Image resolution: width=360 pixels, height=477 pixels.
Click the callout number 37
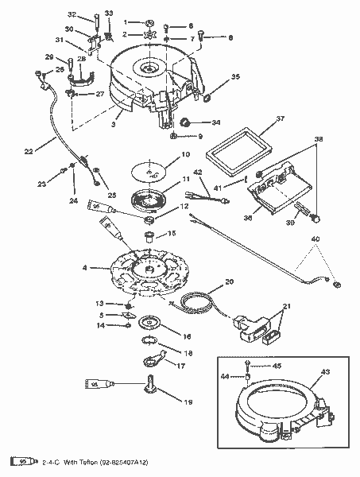pyautogui.click(x=280, y=118)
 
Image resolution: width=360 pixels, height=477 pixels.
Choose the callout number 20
pyautogui.click(x=229, y=281)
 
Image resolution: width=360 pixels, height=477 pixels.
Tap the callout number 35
pyautogui.click(x=234, y=77)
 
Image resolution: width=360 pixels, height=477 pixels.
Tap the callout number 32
pyautogui.click(x=93, y=14)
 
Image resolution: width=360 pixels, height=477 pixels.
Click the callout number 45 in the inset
pyautogui.click(x=277, y=366)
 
